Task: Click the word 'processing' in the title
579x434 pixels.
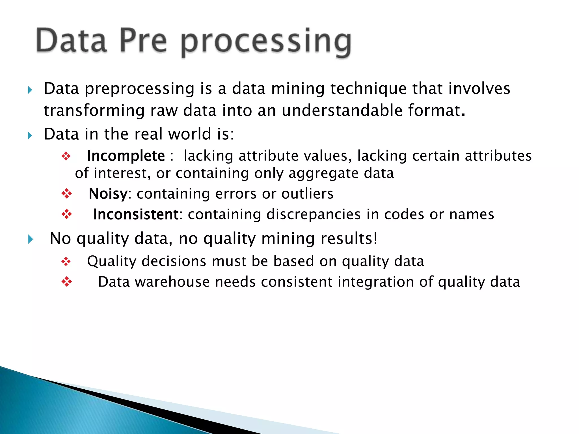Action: coord(266,42)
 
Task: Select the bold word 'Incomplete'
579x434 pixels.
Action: coord(126,156)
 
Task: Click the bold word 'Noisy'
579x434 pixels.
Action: coord(108,194)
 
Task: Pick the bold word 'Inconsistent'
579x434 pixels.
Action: coord(136,214)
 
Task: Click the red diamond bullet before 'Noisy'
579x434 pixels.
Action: coord(67,194)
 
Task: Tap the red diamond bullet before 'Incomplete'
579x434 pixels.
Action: coord(66,156)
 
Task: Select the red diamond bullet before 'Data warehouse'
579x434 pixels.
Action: coord(67,282)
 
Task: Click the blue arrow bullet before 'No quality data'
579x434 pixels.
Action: coord(31,239)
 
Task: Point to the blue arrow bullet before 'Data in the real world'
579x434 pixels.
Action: coord(30,136)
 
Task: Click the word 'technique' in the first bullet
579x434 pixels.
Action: coord(368,89)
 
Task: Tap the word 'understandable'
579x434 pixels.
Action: coord(342,110)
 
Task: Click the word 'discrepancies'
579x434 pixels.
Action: coord(313,214)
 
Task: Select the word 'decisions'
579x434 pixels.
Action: coord(174,261)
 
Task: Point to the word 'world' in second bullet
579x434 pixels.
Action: coord(189,134)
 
